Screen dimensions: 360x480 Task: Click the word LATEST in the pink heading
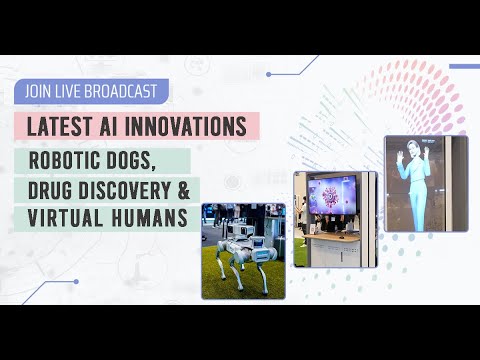tap(59, 127)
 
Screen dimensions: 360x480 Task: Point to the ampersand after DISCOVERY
tap(188, 190)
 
